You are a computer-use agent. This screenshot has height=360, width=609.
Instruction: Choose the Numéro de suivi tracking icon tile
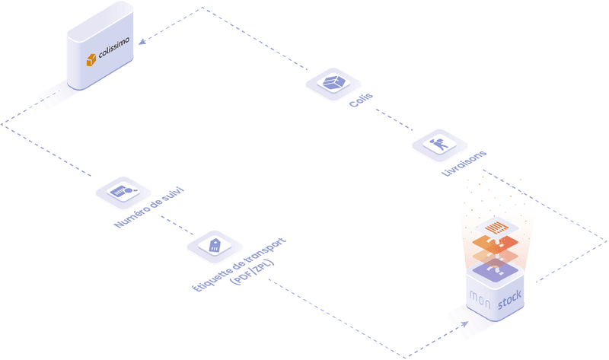[123, 192]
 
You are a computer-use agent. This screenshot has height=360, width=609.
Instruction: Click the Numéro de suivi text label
[148, 210]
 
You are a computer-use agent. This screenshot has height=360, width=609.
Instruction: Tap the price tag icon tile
[215, 244]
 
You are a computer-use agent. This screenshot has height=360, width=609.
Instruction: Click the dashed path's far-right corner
[606, 241]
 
